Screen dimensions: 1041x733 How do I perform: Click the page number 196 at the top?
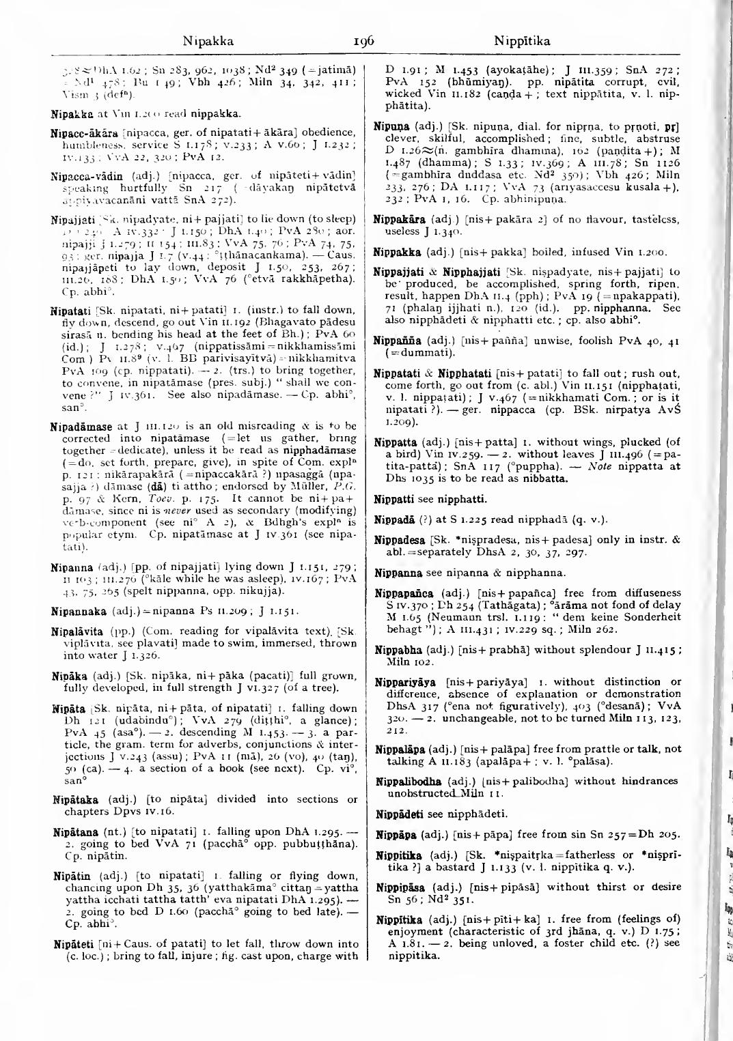tap(363, 42)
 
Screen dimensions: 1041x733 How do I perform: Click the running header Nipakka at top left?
tap(209, 42)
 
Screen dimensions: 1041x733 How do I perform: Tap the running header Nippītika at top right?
tap(521, 42)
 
